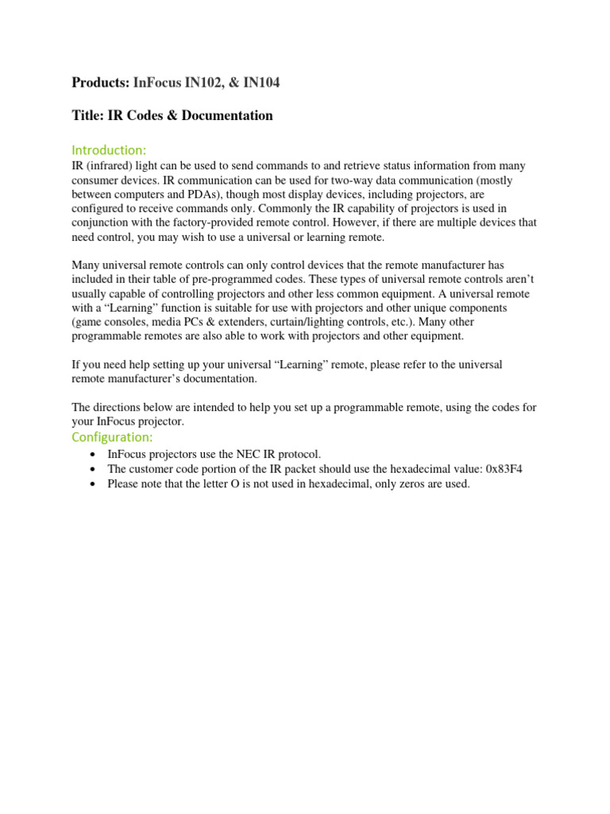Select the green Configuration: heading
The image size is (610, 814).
coord(112,437)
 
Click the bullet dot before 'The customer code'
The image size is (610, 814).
coord(95,469)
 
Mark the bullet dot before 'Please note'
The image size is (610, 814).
coord(95,483)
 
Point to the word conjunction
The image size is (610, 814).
coord(101,223)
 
